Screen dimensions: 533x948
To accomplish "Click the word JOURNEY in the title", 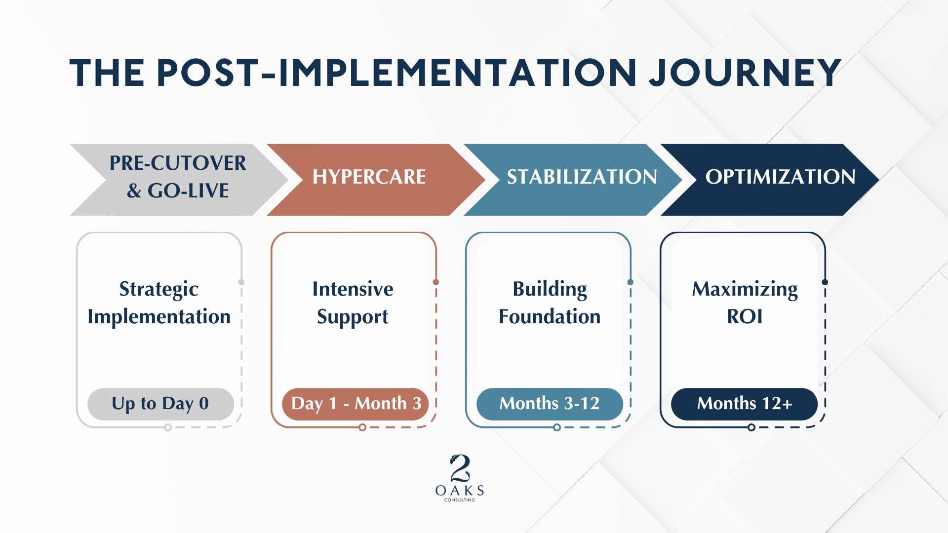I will [745, 73].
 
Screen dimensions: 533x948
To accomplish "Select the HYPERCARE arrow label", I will [369, 177].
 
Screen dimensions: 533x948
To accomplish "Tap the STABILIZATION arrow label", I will [582, 177].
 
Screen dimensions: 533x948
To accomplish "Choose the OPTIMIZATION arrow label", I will [780, 177].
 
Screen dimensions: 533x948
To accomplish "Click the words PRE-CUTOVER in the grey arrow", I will [178, 163].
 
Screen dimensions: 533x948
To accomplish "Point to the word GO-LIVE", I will [188, 191].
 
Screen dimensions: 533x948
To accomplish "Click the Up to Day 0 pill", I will [160, 404].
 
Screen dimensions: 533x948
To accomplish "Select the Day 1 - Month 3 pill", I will [355, 404].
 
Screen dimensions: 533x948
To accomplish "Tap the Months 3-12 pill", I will [550, 404].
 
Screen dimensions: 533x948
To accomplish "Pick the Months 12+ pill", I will [744, 404].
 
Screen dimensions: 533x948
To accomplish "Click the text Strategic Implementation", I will [159, 303].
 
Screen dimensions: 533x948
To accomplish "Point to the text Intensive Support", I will [353, 303].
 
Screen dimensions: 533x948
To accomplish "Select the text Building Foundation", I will [550, 303].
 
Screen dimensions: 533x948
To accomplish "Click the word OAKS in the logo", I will [460, 491].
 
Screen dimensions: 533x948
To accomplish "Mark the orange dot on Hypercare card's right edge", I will [435, 282].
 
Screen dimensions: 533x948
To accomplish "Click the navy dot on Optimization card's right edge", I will [825, 282].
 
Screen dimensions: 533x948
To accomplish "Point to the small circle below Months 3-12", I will [557, 427].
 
